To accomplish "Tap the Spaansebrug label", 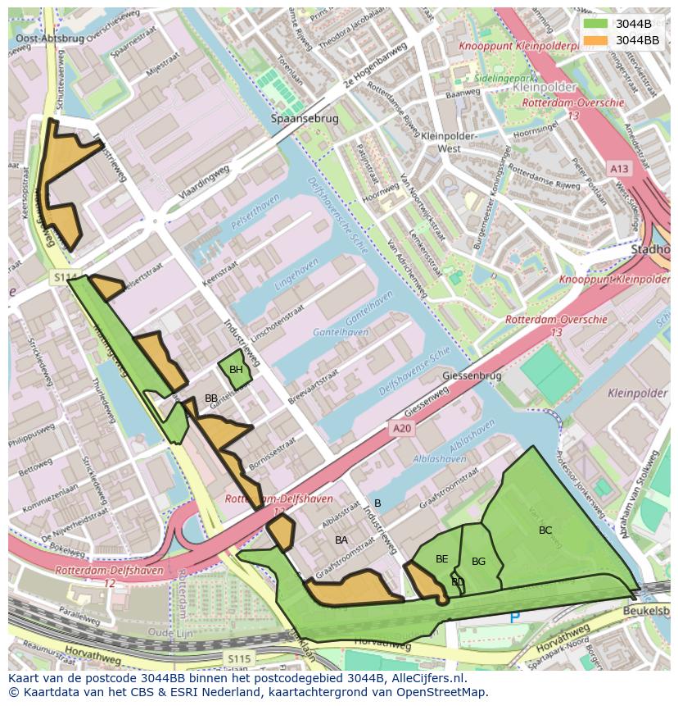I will tap(305, 119).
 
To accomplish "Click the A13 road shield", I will tap(619, 168).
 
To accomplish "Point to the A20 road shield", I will tap(400, 428).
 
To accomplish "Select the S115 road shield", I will tap(239, 658).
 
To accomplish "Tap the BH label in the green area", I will tap(236, 370).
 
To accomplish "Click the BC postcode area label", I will tap(545, 531).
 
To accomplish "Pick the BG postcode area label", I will tap(479, 562).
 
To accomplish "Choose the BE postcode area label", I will tap(442, 559).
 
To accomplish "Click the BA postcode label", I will tap(341, 540).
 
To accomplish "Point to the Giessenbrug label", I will tap(471, 376).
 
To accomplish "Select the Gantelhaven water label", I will tap(341, 332).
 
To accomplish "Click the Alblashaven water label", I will tap(441, 458).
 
